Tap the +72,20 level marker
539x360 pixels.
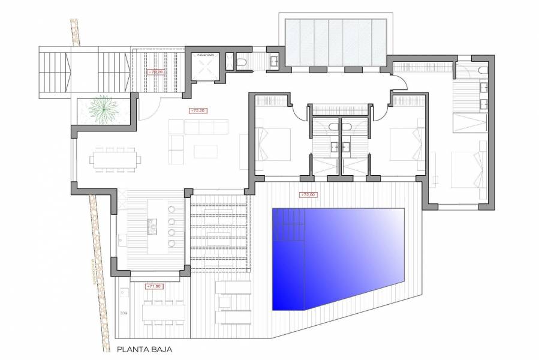(198, 111)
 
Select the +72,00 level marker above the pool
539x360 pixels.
(308, 194)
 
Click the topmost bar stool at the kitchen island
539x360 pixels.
(173, 209)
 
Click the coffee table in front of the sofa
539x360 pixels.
(202, 151)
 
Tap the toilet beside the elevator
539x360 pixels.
(240, 62)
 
